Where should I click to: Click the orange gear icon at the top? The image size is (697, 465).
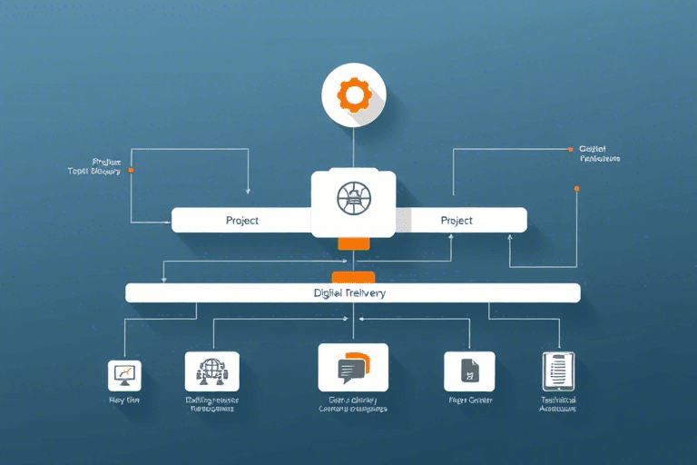point(353,94)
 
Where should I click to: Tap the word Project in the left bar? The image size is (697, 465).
point(242,221)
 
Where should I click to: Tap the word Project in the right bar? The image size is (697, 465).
point(456,221)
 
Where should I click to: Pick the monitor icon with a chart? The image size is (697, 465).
point(124,372)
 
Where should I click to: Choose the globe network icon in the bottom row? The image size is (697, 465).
point(211,371)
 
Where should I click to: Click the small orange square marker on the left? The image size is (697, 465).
point(132,170)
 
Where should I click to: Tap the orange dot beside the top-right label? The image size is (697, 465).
point(569,148)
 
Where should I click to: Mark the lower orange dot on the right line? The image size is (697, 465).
point(576,189)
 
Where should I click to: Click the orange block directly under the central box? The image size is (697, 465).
point(353,243)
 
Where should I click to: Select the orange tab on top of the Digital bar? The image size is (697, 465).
point(353,276)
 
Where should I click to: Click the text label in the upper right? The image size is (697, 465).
point(598,153)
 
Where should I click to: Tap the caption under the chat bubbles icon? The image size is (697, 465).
point(352,403)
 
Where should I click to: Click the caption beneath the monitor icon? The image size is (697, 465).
point(123,401)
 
